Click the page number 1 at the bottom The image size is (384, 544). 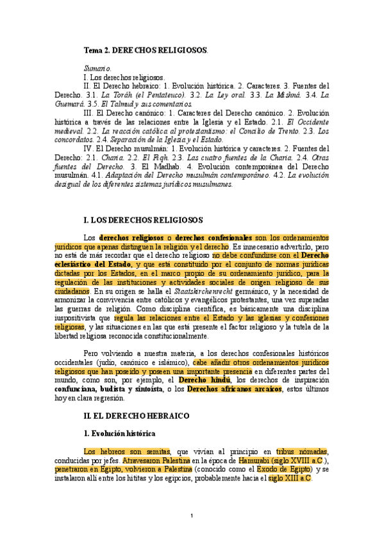(x=192, y=516)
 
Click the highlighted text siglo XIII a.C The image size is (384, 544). (x=290, y=479)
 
